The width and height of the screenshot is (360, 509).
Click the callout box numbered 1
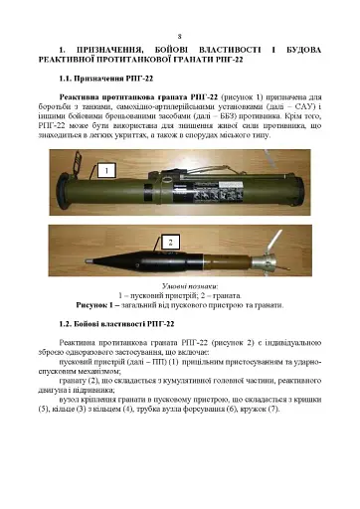(x=103, y=172)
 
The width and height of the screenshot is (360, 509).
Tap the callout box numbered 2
(x=170, y=242)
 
